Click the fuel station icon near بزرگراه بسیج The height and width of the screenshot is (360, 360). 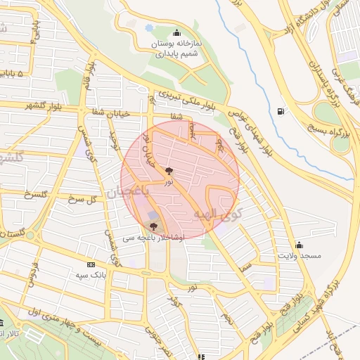point(282,111)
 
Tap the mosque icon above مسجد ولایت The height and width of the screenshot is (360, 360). point(300,245)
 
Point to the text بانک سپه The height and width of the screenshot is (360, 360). point(89,274)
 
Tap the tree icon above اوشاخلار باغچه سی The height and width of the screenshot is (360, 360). point(153,226)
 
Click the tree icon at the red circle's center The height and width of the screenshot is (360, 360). point(169,171)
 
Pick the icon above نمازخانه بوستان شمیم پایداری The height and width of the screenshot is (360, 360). point(176,32)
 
